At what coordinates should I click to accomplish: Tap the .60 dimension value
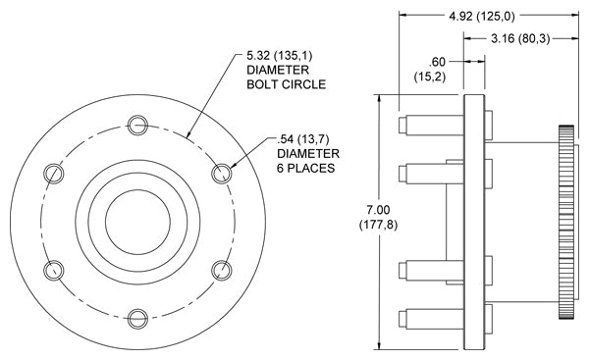(x=437, y=62)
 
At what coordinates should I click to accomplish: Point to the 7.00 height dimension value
(x=378, y=210)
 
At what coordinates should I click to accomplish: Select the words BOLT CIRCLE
(x=287, y=84)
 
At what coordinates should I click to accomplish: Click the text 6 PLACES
(x=305, y=168)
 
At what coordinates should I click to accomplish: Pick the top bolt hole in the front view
(x=137, y=125)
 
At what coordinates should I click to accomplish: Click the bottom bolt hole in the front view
(x=137, y=319)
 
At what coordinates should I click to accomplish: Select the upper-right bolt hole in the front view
(x=222, y=174)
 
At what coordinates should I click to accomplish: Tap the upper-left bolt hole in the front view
(x=54, y=174)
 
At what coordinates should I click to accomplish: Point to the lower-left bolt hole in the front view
(x=54, y=271)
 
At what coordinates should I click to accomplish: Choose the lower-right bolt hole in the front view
(x=222, y=271)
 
